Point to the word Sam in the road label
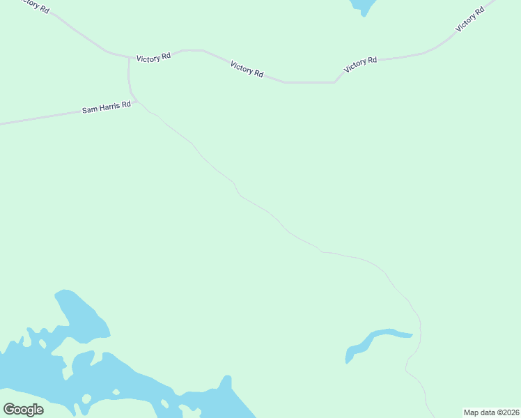click(89, 110)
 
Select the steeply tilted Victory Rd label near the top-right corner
click(469, 19)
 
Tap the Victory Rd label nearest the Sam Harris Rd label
click(153, 59)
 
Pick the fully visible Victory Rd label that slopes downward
click(247, 69)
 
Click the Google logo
click(23, 409)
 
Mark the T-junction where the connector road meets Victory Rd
click(129, 57)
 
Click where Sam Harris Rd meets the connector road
click(137, 102)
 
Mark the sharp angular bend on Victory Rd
click(335, 82)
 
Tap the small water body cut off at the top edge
click(363, 6)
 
